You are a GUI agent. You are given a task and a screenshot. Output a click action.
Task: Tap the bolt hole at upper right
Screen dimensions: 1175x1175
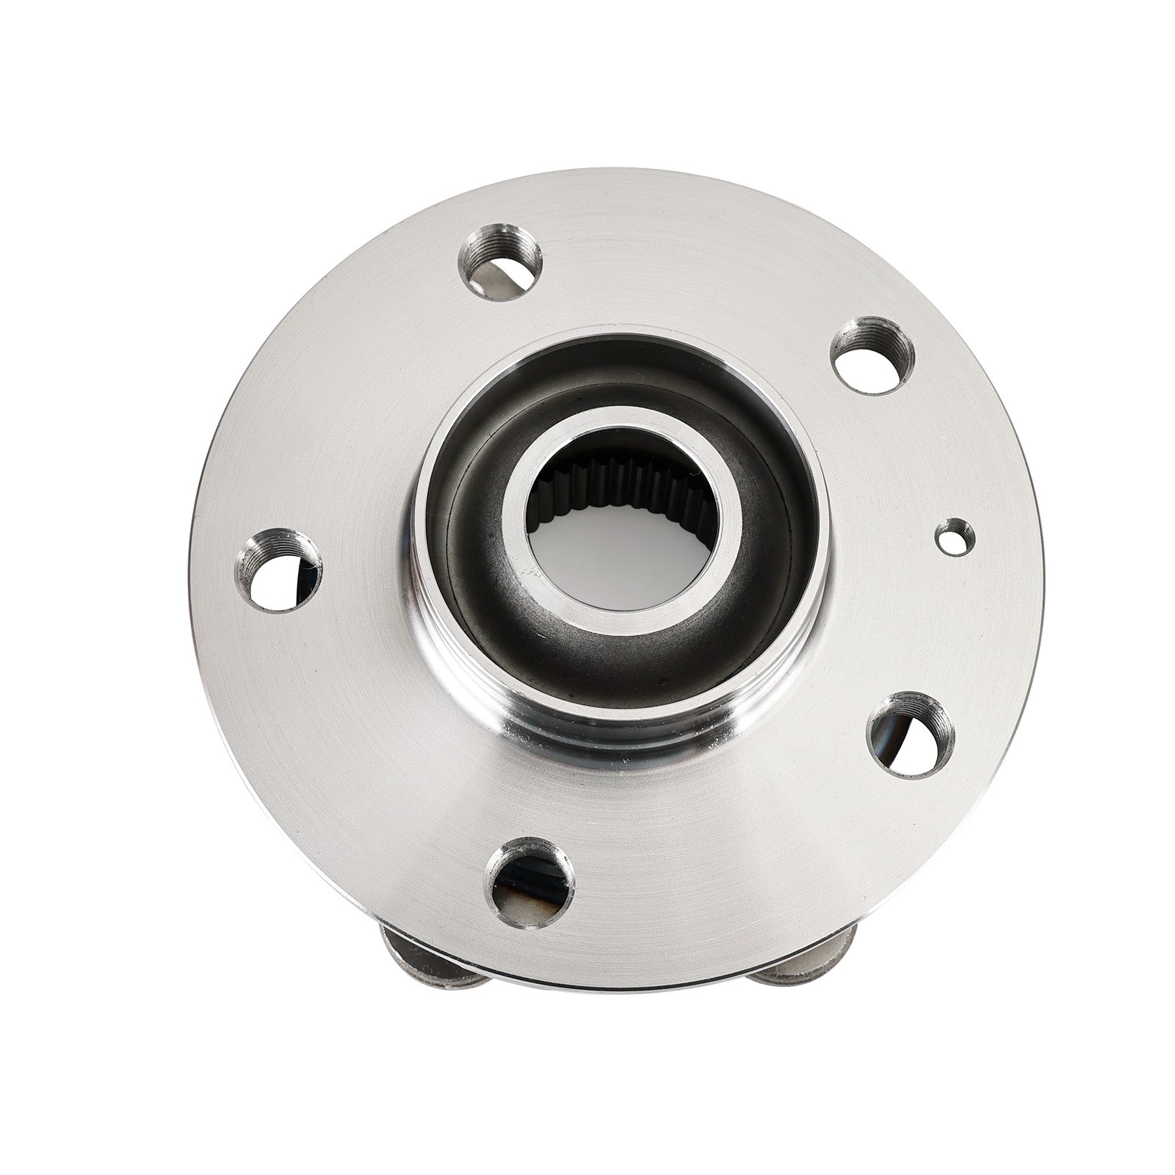(873, 356)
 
